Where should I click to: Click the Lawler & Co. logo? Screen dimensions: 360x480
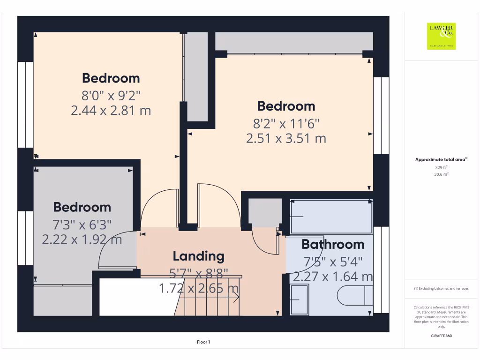click(441, 36)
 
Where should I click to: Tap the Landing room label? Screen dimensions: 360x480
click(198, 256)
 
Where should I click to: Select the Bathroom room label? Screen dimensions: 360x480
click(333, 244)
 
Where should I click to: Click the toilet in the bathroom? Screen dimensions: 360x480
click(354, 295)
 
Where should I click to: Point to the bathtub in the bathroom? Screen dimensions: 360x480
click(331, 217)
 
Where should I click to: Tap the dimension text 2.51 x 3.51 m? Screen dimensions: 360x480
click(286, 139)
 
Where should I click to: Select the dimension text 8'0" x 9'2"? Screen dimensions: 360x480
click(111, 96)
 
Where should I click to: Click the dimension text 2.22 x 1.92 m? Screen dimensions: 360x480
click(82, 240)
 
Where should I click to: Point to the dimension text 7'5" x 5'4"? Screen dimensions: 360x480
click(333, 261)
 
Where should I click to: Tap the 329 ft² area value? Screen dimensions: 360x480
click(441, 167)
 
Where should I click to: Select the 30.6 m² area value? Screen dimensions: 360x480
click(441, 174)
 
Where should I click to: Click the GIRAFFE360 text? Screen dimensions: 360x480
click(441, 336)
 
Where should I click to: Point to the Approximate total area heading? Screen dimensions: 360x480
click(441, 160)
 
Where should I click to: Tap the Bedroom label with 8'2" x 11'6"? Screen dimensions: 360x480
click(286, 106)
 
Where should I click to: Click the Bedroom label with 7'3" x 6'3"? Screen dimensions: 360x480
click(82, 207)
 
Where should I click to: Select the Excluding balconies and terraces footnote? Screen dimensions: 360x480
click(441, 288)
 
